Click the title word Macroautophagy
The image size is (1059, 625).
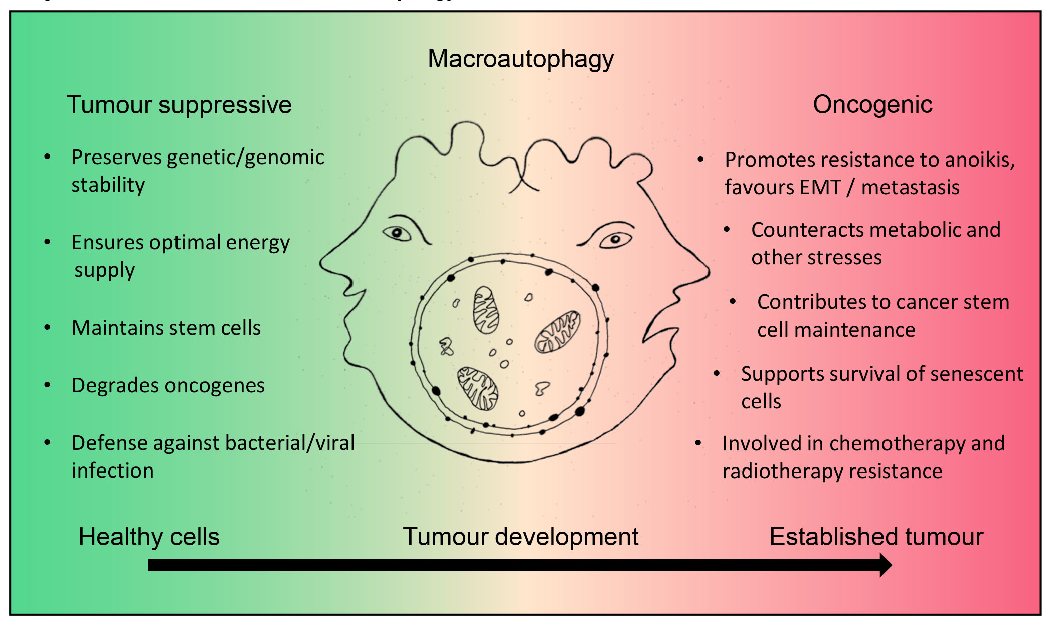[x=520, y=60]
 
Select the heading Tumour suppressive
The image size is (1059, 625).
[x=179, y=105]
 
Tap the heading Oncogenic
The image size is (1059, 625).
[x=872, y=105]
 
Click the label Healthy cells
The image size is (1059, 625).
[x=149, y=537]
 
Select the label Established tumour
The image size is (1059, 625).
[x=876, y=537]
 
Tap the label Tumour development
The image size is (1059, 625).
[x=520, y=537]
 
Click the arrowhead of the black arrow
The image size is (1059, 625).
[x=885, y=565]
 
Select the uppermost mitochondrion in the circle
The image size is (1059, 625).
[x=486, y=310]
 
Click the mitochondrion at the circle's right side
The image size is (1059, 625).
[x=558, y=332]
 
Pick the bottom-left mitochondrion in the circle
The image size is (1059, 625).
[x=478, y=388]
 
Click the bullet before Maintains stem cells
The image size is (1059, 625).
[x=47, y=328]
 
